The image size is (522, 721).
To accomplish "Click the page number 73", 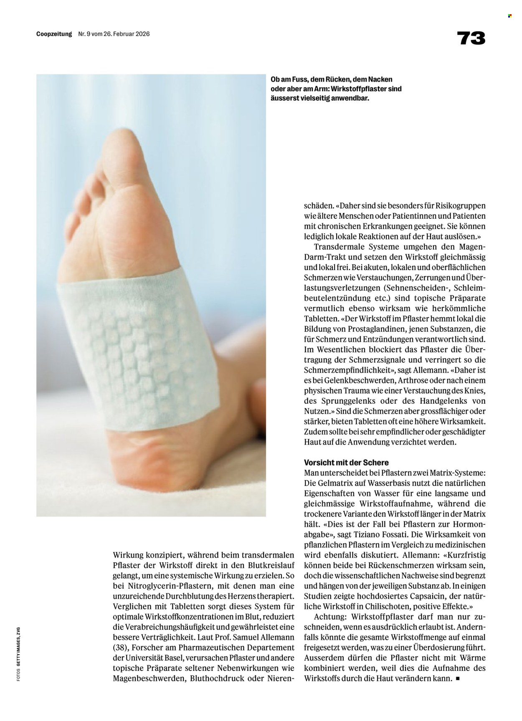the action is click(x=471, y=38).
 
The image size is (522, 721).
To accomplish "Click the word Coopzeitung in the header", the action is click(x=54, y=34).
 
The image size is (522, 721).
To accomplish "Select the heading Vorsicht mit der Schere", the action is click(x=347, y=463).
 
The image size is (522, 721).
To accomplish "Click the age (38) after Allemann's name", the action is click(x=121, y=647).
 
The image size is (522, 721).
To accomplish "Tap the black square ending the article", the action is click(x=458, y=678).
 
